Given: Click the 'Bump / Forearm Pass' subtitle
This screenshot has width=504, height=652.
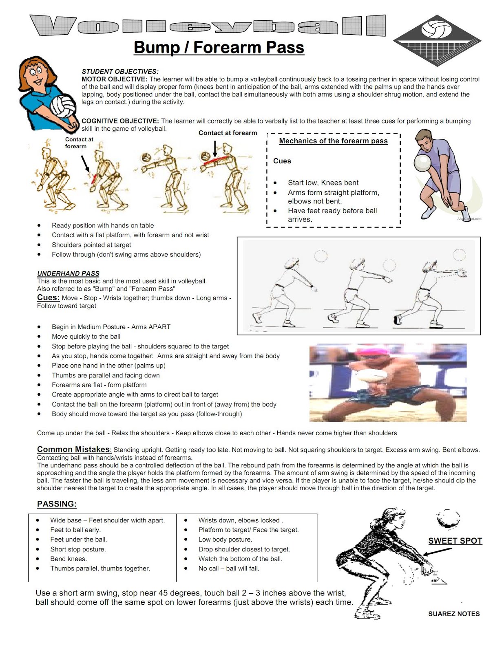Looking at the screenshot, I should [219, 47].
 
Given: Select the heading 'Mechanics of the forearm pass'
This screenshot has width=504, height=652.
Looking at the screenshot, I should [333, 141].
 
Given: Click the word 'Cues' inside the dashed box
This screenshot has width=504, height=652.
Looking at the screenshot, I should [282, 161].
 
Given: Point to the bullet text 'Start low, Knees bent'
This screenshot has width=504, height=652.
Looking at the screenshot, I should [323, 183].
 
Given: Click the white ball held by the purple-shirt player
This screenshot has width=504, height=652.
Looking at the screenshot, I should [422, 163].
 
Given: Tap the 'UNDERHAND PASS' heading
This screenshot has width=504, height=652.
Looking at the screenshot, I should [68, 273].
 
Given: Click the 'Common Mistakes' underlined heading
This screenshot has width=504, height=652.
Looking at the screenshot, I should [73, 449].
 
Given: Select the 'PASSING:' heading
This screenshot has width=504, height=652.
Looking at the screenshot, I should [57, 504].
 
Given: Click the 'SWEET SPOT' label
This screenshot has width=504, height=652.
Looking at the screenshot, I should [455, 541].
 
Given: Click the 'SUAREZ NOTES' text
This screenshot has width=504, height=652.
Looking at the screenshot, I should [454, 614].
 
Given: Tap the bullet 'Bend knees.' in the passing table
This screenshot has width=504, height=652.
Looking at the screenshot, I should [69, 559].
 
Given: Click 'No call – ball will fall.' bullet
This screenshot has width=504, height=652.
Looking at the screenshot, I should [229, 568].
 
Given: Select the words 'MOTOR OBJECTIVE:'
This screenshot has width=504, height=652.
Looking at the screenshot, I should [114, 79].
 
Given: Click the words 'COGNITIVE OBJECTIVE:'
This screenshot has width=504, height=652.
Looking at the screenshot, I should [120, 121].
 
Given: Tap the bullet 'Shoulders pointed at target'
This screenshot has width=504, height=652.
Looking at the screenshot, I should [91, 245].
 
